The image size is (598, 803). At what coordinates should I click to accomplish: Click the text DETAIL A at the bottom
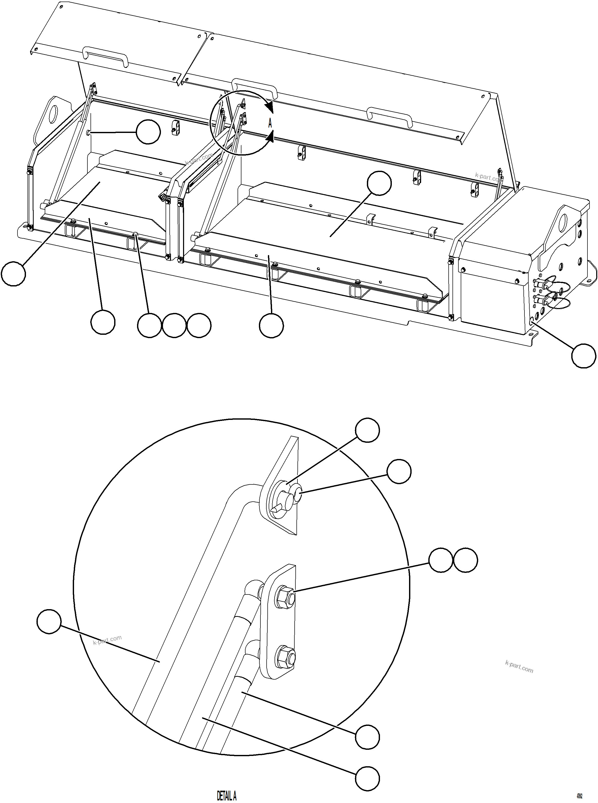(226, 795)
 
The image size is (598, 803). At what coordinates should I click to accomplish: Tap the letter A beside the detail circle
(270, 123)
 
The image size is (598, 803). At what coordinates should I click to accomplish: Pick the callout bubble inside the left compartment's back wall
(148, 132)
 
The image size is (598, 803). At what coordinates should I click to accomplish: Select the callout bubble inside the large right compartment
(379, 183)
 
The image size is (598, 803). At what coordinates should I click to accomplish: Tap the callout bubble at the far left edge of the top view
(13, 274)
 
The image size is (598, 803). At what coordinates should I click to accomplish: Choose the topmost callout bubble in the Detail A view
(367, 430)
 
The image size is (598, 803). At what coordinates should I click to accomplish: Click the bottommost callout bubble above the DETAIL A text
(367, 778)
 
